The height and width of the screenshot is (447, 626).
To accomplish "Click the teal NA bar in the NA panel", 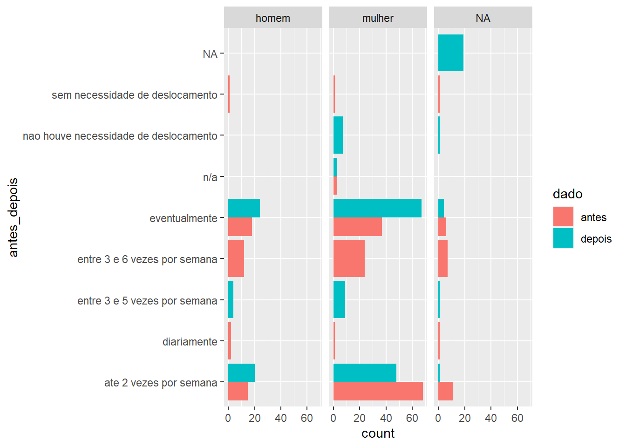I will [x=451, y=53].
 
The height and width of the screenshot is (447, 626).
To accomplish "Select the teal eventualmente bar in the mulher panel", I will [x=377, y=208].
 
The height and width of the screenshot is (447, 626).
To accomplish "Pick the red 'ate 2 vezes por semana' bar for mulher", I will [x=378, y=391].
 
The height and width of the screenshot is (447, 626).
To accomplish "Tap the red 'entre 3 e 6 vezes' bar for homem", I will [x=236, y=259].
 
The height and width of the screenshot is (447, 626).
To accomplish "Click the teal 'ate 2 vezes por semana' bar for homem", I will [x=241, y=372].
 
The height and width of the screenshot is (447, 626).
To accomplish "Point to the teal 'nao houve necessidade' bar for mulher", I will [x=338, y=135].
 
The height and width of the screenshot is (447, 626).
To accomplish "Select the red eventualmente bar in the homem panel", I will [x=240, y=227].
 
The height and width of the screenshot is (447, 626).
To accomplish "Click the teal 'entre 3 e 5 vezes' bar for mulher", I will [x=339, y=300].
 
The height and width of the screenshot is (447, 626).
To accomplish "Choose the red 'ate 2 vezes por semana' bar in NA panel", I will [x=445, y=391].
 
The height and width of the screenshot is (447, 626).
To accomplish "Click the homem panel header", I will [x=273, y=18].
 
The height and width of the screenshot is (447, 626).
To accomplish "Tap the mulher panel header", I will [x=378, y=18].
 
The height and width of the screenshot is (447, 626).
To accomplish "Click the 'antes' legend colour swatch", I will [x=563, y=217].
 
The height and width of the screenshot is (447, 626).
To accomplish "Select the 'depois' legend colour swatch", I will [x=563, y=238].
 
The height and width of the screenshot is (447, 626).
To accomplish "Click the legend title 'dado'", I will [x=567, y=194].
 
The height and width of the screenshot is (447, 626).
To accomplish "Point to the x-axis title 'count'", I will [x=378, y=433].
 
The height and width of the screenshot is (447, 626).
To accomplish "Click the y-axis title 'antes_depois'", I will [x=14, y=217].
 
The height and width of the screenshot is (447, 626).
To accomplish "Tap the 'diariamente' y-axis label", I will [x=190, y=342].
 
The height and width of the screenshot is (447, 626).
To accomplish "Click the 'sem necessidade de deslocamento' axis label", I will [x=135, y=95].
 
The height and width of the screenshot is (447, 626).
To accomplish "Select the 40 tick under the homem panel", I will [x=281, y=418].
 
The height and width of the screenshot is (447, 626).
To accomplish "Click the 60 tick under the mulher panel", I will [x=412, y=418].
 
